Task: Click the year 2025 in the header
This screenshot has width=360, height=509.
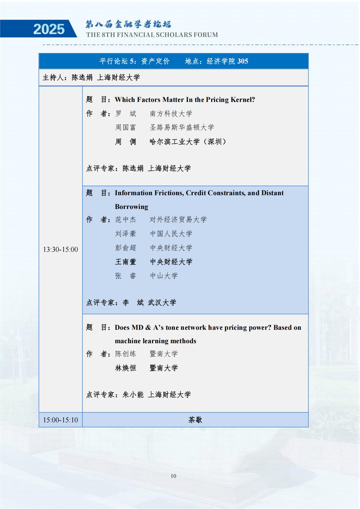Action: click(x=49, y=29)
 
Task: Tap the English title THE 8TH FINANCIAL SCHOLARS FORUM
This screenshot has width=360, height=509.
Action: click(x=152, y=35)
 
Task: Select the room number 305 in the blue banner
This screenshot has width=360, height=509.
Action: click(x=242, y=61)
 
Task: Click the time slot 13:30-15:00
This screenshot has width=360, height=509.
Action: click(x=60, y=249)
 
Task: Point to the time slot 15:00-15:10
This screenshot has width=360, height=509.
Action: click(x=60, y=420)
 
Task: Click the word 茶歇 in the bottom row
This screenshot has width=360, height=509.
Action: click(x=195, y=420)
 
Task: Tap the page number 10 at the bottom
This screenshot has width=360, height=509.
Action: click(x=173, y=476)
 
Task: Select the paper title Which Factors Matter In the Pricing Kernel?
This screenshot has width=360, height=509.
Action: click(x=185, y=99)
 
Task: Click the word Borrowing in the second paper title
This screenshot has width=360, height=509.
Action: click(x=131, y=206)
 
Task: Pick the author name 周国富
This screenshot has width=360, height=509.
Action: click(x=126, y=127)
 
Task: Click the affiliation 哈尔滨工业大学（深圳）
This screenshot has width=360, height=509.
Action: click(x=188, y=141)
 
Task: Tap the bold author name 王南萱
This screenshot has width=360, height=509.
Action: click(x=126, y=262)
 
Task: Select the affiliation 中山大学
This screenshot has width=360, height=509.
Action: click(x=164, y=276)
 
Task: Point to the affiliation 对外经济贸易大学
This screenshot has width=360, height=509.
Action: click(x=178, y=219)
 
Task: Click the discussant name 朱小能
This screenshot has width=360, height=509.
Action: click(x=133, y=394)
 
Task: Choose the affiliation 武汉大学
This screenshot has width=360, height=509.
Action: click(x=162, y=302)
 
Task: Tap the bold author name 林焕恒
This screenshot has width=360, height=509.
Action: click(x=126, y=368)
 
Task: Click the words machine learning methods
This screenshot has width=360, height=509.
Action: click(x=155, y=341)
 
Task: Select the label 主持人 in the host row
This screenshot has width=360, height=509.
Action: click(x=53, y=77)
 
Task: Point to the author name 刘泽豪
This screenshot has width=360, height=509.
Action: click(x=126, y=234)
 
